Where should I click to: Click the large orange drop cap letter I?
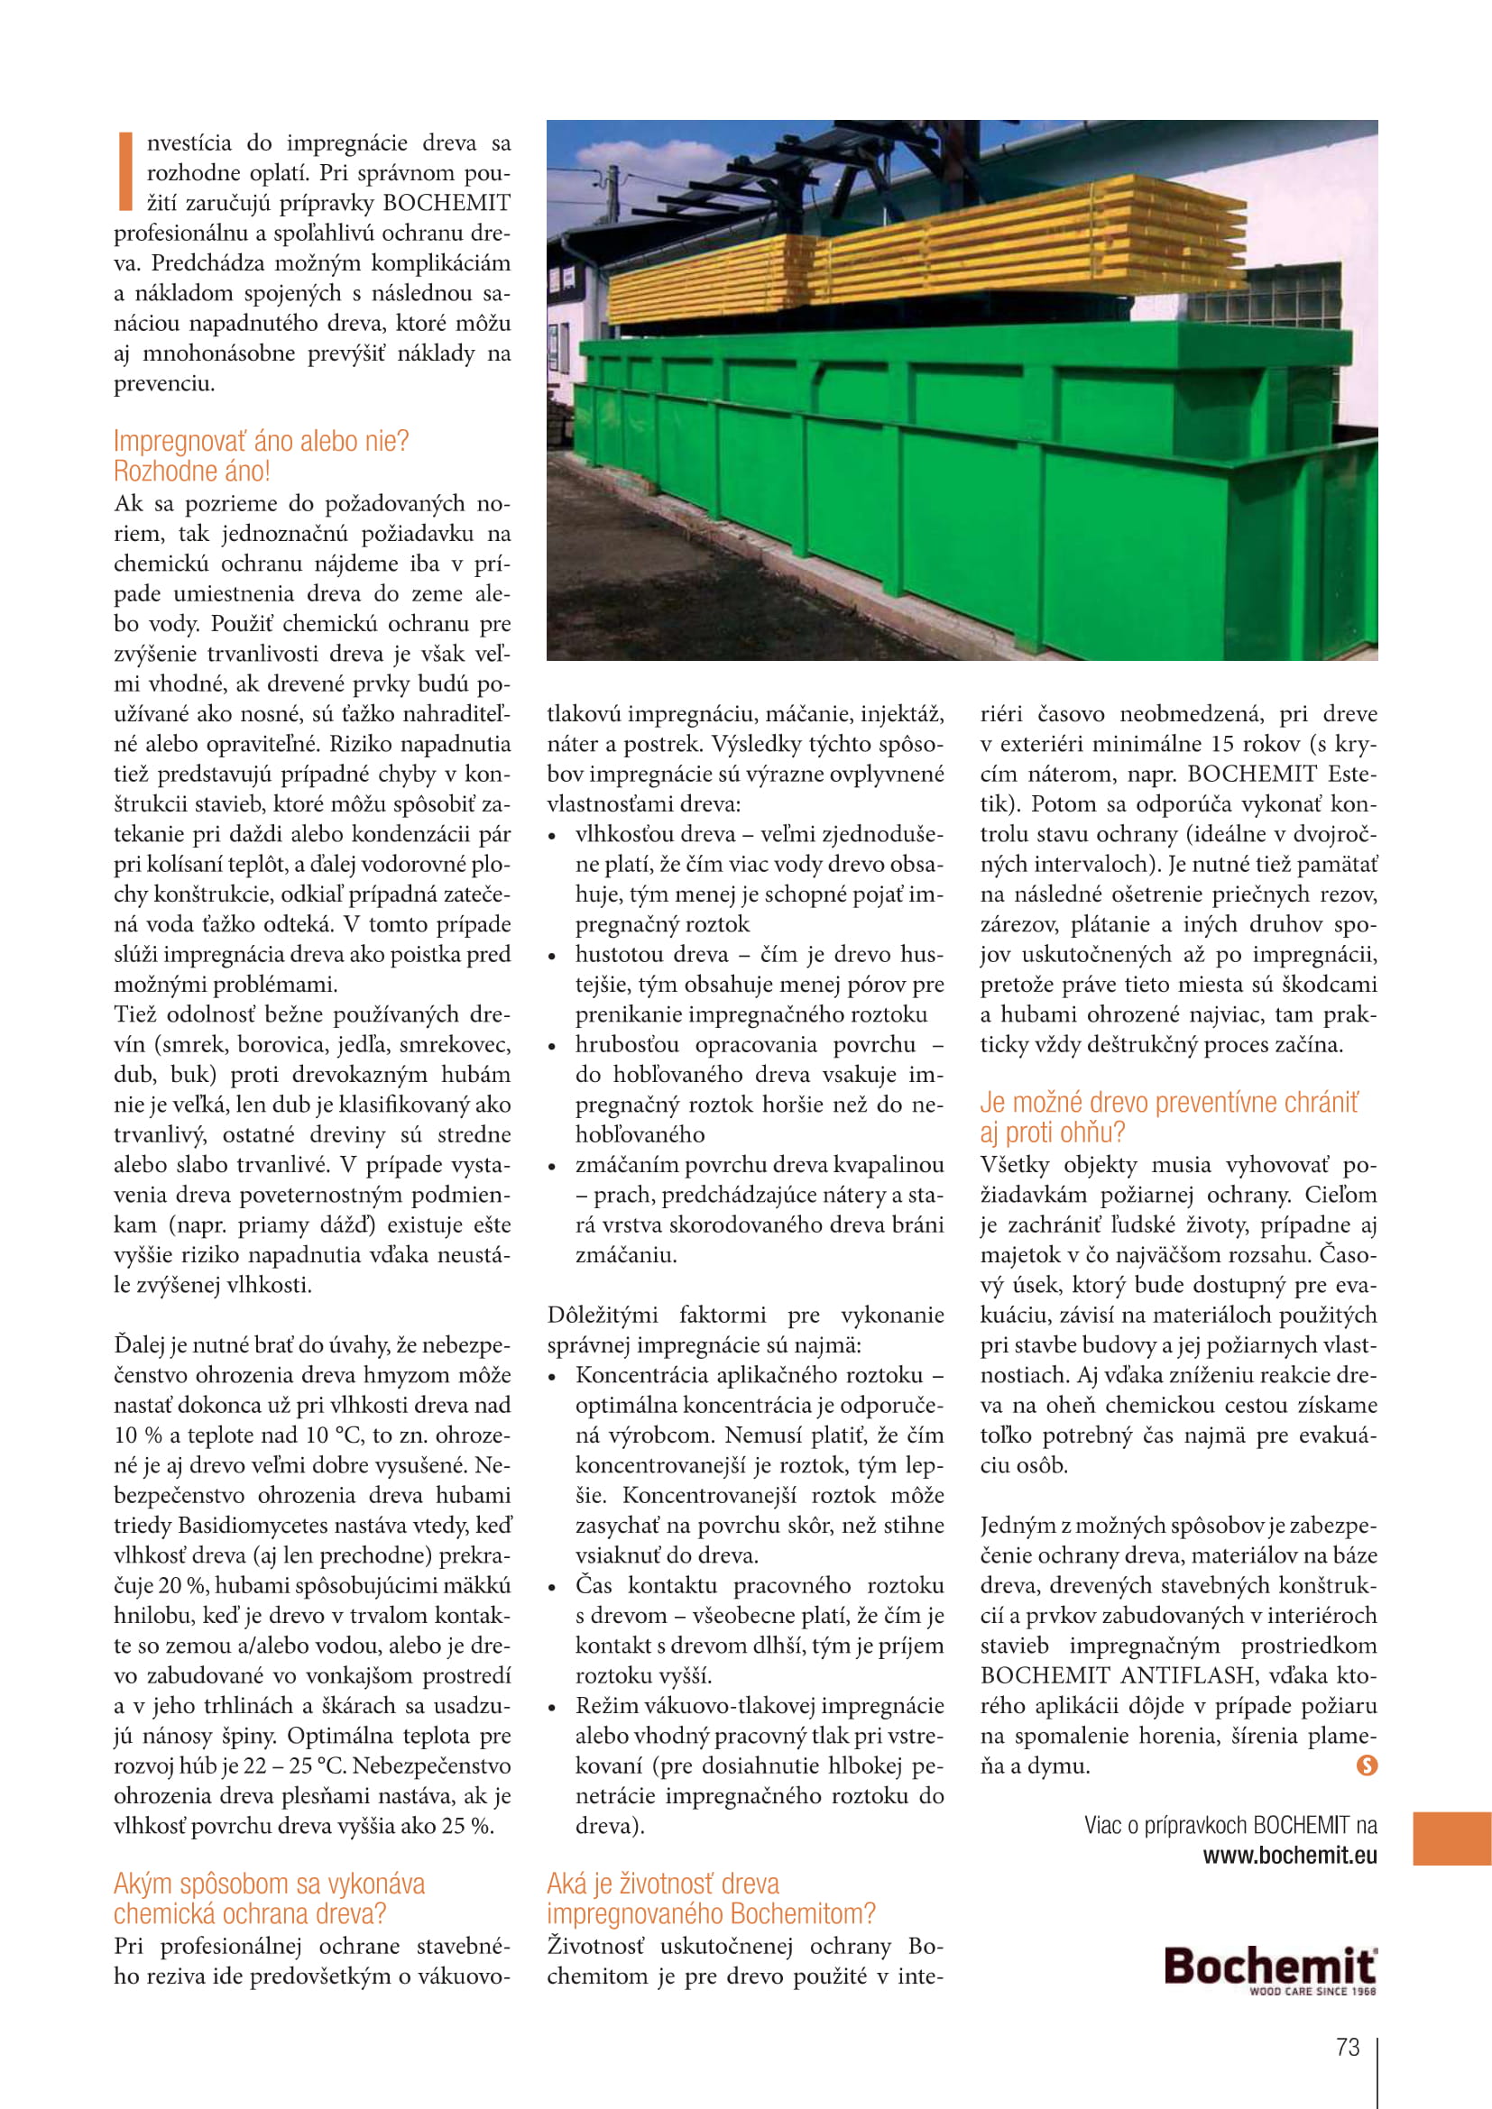125,170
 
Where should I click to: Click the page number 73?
1348,2047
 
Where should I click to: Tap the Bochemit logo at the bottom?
1270,1969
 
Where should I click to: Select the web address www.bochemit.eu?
1289,1855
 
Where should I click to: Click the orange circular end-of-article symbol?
1367,1765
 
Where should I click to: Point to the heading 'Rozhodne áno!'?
192,472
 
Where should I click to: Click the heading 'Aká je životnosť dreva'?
662,1884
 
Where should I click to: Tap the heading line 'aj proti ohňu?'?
1052,1132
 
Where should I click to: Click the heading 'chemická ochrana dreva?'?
250,1914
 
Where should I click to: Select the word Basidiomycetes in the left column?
243,1526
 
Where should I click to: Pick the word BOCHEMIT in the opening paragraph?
447,203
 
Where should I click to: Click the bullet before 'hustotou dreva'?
551,956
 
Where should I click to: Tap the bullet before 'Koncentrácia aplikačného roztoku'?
551,1377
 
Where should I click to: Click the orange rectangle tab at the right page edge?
1451,1838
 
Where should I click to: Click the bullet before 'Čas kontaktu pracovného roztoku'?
551,1587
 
